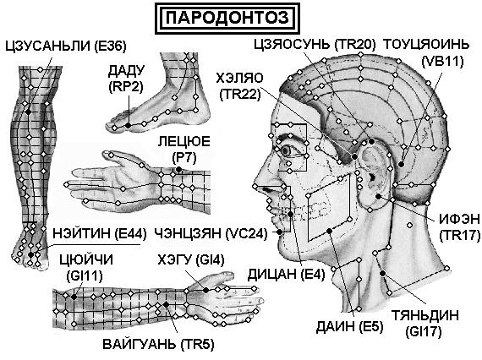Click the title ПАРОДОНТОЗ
point(227,18)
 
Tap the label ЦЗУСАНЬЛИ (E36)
point(66,46)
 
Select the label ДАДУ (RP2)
point(126,79)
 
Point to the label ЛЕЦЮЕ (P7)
point(184,149)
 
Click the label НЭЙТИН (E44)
point(100,234)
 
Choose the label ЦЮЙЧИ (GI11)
point(85,268)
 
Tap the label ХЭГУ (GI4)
point(191,260)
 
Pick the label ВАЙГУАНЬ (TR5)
point(158,344)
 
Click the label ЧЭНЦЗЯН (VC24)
point(211,234)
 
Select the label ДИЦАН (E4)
point(286,275)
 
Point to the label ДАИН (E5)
point(350,326)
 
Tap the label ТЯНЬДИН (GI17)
point(424,324)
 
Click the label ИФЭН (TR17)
point(459,227)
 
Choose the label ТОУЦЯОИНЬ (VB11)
point(426,53)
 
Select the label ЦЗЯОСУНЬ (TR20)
point(315,45)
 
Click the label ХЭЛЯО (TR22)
point(240,86)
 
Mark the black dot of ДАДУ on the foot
point(129,125)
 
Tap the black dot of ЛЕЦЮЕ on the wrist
point(178,169)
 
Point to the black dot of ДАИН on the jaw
point(330,231)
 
